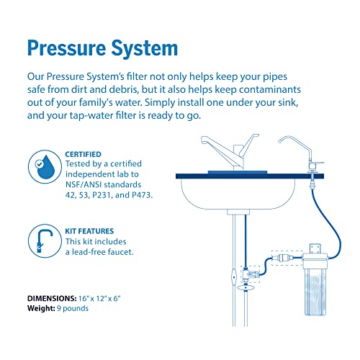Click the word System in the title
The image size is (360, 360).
[x=145, y=48]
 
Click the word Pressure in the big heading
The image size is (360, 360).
[x=66, y=48]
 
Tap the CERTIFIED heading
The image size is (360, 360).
[x=83, y=154]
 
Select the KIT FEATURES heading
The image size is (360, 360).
[x=89, y=231]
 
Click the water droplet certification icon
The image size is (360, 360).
[x=45, y=167]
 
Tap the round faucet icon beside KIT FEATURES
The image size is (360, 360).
[x=45, y=241]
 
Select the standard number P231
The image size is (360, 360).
[x=102, y=195]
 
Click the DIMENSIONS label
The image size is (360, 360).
[x=52, y=298]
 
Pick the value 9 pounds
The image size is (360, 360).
[x=73, y=308]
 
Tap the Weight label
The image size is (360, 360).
[x=41, y=308]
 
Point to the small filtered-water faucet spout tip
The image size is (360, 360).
[x=279, y=141]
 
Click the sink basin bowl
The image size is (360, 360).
[x=238, y=193]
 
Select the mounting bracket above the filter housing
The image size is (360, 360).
[x=315, y=248]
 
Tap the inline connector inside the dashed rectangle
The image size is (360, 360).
[x=285, y=258]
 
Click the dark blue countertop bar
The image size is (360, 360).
[x=250, y=176]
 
